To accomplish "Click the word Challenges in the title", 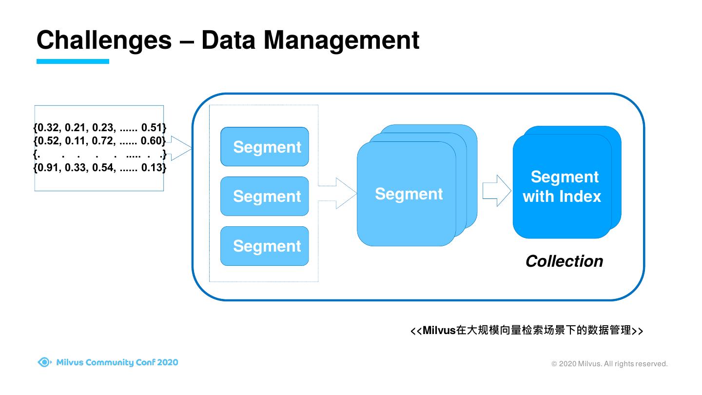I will pyautogui.click(x=104, y=40).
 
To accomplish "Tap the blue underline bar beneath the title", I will pyautogui.click(x=73, y=61).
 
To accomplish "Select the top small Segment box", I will pyautogui.click(x=265, y=147).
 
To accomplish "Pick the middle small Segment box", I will pyautogui.click(x=265, y=196).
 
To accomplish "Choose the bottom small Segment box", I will pyautogui.click(x=265, y=246).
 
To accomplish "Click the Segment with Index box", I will pyautogui.click(x=562, y=187).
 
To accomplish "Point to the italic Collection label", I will pyautogui.click(x=564, y=261).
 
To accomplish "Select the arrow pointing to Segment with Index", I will pyautogui.click(x=497, y=191).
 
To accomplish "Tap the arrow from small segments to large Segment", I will pyautogui.click(x=341, y=193).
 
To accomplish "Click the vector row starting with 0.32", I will pyautogui.click(x=100, y=128).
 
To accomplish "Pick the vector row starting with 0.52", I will pyautogui.click(x=100, y=141).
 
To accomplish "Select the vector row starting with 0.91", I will pyautogui.click(x=100, y=168).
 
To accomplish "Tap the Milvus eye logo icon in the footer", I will pyautogui.click(x=44, y=362).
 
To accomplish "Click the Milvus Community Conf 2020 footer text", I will pyautogui.click(x=117, y=362).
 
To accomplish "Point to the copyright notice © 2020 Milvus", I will pyautogui.click(x=609, y=364).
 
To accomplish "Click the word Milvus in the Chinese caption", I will pyautogui.click(x=439, y=331).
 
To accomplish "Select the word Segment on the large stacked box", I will pyautogui.click(x=409, y=194).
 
